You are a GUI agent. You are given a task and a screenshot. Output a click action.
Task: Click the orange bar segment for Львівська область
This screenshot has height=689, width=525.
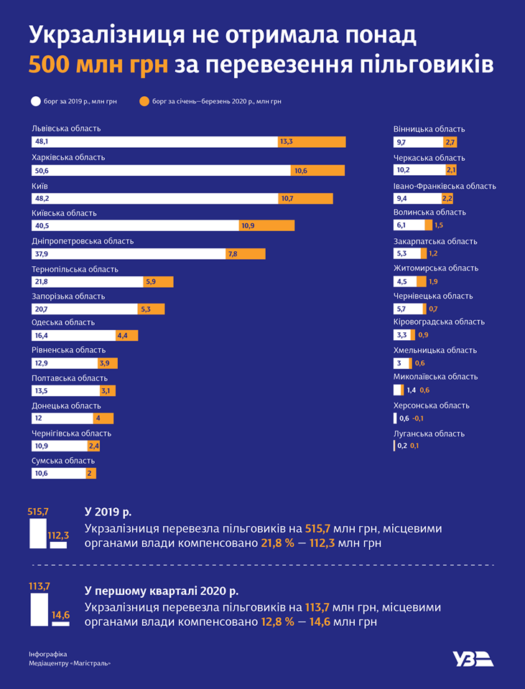tap(312, 142)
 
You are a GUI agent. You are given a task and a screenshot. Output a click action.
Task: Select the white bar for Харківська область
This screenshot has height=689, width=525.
tap(161, 171)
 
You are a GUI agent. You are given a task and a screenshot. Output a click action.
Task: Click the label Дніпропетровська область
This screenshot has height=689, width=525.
tap(83, 241)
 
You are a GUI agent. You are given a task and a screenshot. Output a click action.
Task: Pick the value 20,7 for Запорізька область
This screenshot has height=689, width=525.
tap(41, 309)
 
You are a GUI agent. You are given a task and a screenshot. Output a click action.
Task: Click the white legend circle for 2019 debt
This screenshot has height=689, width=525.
tap(34, 101)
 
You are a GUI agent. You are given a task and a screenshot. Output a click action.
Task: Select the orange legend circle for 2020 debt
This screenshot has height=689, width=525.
tap(144, 101)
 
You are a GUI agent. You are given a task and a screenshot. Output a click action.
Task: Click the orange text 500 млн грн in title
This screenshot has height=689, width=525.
tap(98, 65)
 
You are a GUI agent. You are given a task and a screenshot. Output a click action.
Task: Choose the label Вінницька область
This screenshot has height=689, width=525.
tap(429, 129)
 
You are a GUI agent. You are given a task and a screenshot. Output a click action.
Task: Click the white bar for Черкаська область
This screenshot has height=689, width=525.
tap(419, 170)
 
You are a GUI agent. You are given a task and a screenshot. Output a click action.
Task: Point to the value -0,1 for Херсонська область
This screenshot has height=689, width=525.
tap(418, 418)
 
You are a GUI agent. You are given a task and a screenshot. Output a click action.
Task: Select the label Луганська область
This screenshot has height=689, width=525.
tap(429, 433)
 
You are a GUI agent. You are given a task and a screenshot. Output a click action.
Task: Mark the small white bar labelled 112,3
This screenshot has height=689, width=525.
tap(58, 545)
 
